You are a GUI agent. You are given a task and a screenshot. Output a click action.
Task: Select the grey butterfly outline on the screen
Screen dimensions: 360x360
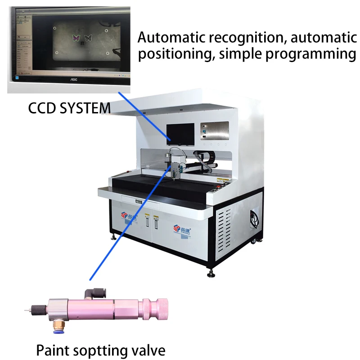[88, 38]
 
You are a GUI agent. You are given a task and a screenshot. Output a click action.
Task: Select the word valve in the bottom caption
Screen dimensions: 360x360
[148, 349]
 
